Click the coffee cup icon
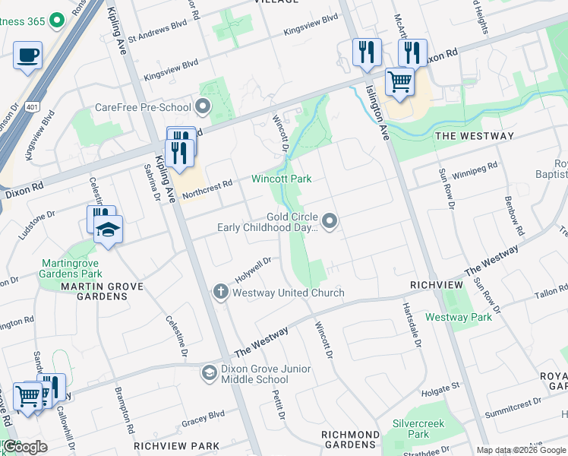point(28,55)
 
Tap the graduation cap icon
point(109,230)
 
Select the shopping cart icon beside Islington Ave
point(399,81)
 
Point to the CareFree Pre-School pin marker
point(203,106)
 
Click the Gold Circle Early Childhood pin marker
point(330,221)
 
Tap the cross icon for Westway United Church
point(220,293)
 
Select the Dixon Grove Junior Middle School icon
point(208,372)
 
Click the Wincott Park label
point(282,179)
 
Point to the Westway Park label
point(459,316)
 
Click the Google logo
point(25,447)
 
